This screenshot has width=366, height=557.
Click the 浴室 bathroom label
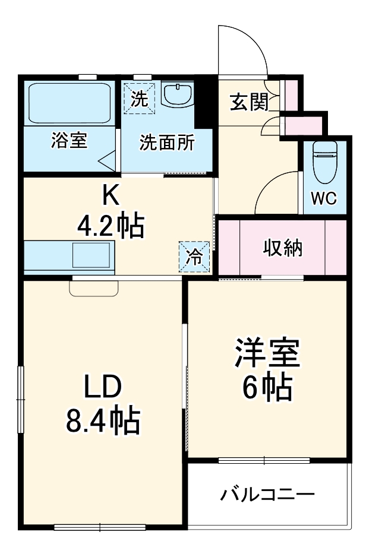pos(69,141)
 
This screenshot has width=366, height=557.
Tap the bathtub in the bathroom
pos(70,102)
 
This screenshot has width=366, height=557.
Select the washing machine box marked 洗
pos(140,98)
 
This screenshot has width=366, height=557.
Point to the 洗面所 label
pos(166,144)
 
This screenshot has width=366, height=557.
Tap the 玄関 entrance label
pos(249,103)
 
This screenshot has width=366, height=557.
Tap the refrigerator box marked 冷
pos(194,257)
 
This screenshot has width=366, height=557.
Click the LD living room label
pos(102,388)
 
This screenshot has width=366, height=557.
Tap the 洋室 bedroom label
pos(266,355)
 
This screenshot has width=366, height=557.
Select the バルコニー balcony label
pos(267,495)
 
